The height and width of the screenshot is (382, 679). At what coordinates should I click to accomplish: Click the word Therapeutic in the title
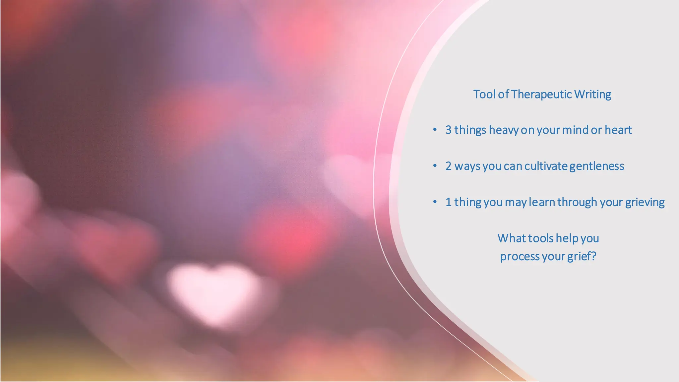pyautogui.click(x=541, y=95)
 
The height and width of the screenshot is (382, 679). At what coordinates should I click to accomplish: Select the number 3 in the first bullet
pyautogui.click(x=448, y=130)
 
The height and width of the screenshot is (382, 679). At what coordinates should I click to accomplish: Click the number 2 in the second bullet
pyautogui.click(x=448, y=166)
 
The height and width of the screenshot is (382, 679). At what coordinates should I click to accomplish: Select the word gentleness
pyautogui.click(x=597, y=166)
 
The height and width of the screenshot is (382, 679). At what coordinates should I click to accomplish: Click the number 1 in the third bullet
pyautogui.click(x=448, y=202)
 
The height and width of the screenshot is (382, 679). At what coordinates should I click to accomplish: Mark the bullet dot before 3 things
pyautogui.click(x=435, y=129)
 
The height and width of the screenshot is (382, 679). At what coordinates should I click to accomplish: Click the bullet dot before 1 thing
pyautogui.click(x=435, y=202)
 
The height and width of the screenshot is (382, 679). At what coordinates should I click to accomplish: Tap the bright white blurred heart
pyautogui.click(x=214, y=288)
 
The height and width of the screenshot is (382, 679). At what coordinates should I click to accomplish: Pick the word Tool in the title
pyautogui.click(x=484, y=95)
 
